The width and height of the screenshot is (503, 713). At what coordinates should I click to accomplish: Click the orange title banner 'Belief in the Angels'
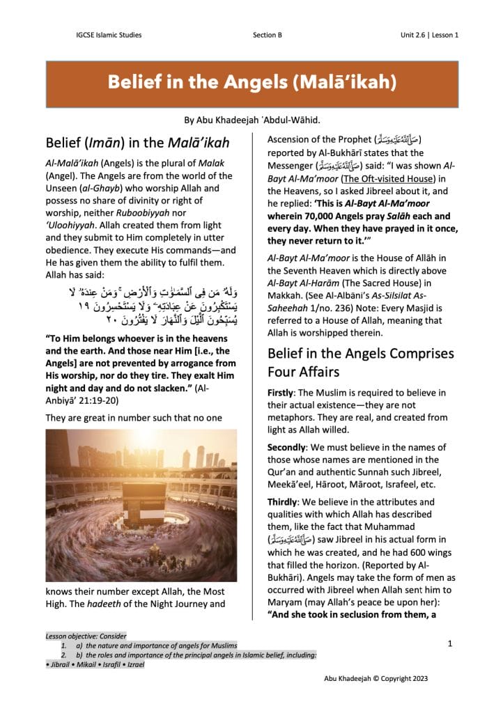[x=251, y=83]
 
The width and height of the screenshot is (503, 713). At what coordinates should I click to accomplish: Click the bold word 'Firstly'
[x=281, y=393]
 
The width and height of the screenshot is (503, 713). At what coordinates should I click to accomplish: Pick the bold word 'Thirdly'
[x=283, y=501]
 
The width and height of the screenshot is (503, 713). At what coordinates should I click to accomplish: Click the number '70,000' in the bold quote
[x=330, y=216]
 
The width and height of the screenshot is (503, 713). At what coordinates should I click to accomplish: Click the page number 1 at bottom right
[x=450, y=645]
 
